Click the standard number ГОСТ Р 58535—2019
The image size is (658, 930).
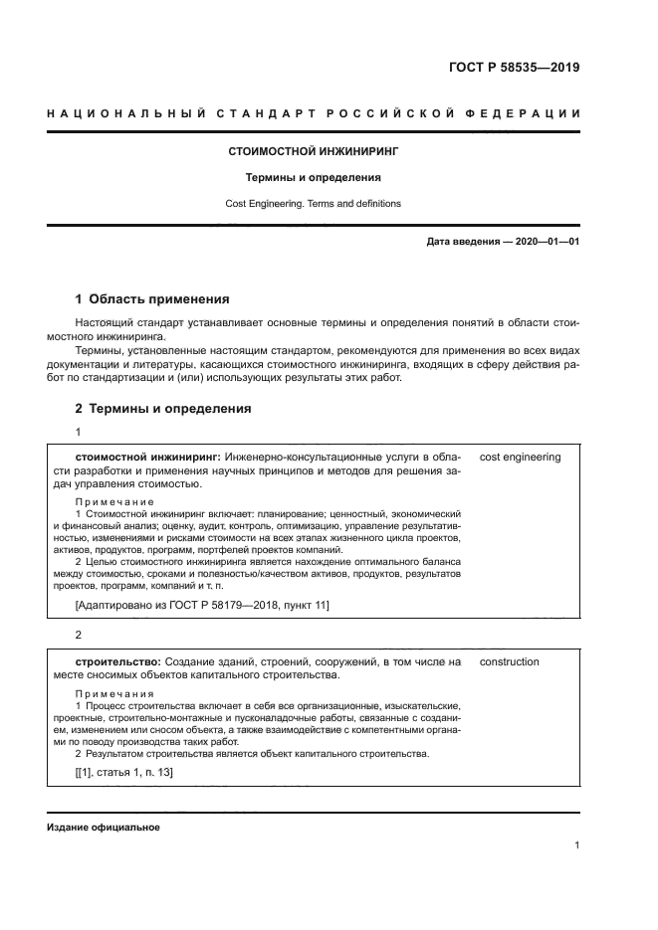(x=512, y=69)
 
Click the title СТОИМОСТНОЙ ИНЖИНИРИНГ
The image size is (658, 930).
(x=314, y=152)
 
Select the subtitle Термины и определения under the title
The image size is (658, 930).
(x=314, y=178)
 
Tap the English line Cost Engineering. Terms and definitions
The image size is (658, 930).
(x=314, y=203)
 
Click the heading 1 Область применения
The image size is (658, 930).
(x=152, y=298)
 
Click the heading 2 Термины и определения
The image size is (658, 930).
(x=163, y=408)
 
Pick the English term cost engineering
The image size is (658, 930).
(x=520, y=458)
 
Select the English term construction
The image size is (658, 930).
(x=509, y=661)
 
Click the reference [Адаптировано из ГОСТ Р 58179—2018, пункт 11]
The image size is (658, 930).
(x=202, y=604)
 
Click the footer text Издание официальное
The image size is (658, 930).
(x=104, y=828)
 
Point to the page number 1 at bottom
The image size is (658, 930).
(x=576, y=845)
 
